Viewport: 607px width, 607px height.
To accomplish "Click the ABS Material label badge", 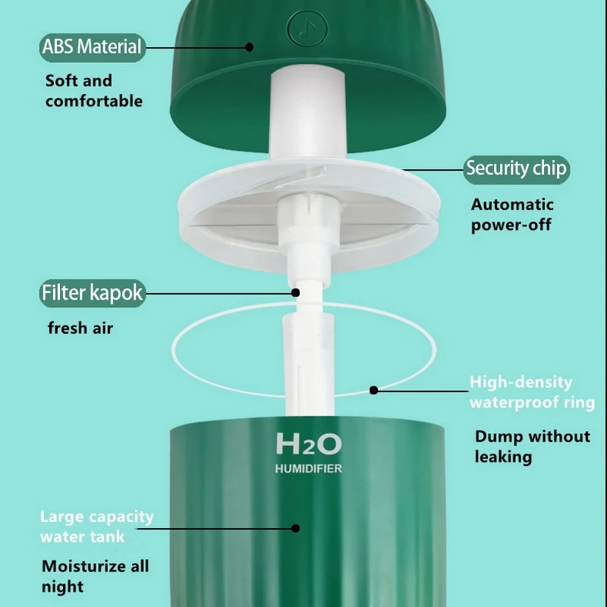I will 92,47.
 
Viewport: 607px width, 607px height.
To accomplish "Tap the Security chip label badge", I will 516,168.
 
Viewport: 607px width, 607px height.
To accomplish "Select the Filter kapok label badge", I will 92,293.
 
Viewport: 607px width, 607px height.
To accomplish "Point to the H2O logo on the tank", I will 308,445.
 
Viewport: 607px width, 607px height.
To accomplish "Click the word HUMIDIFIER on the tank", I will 308,469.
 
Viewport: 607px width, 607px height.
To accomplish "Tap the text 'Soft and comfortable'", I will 93,90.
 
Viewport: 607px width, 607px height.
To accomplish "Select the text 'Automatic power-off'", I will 512,214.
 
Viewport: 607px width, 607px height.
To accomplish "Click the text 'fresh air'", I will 80,329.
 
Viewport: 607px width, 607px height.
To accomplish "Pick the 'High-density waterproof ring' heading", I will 531,392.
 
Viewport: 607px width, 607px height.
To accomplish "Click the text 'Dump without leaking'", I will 532,446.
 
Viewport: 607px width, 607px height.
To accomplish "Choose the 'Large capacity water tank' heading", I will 96,527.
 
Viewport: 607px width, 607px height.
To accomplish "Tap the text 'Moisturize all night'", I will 95,576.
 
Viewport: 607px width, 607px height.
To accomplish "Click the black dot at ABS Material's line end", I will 249,47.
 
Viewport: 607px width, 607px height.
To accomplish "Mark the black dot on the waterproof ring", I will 373,391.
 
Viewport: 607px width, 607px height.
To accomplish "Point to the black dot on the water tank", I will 297,527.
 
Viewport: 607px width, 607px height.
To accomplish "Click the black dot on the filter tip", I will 297,292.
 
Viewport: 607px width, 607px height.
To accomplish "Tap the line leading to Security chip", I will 432,169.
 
